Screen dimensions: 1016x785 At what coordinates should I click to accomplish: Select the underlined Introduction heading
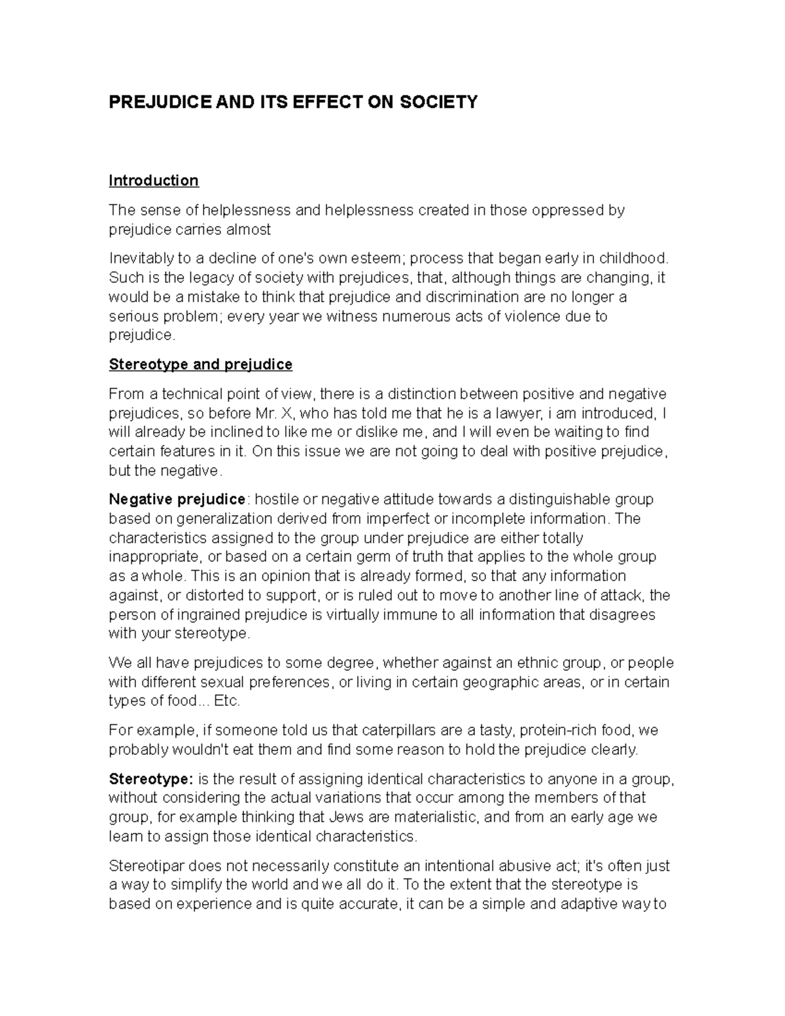tap(154, 181)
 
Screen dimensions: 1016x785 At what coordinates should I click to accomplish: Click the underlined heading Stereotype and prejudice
tap(200, 364)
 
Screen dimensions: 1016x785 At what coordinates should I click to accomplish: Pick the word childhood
tap(635, 258)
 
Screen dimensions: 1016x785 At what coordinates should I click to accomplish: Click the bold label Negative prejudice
tap(177, 500)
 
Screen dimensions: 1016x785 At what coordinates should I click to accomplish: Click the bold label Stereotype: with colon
tap(151, 779)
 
